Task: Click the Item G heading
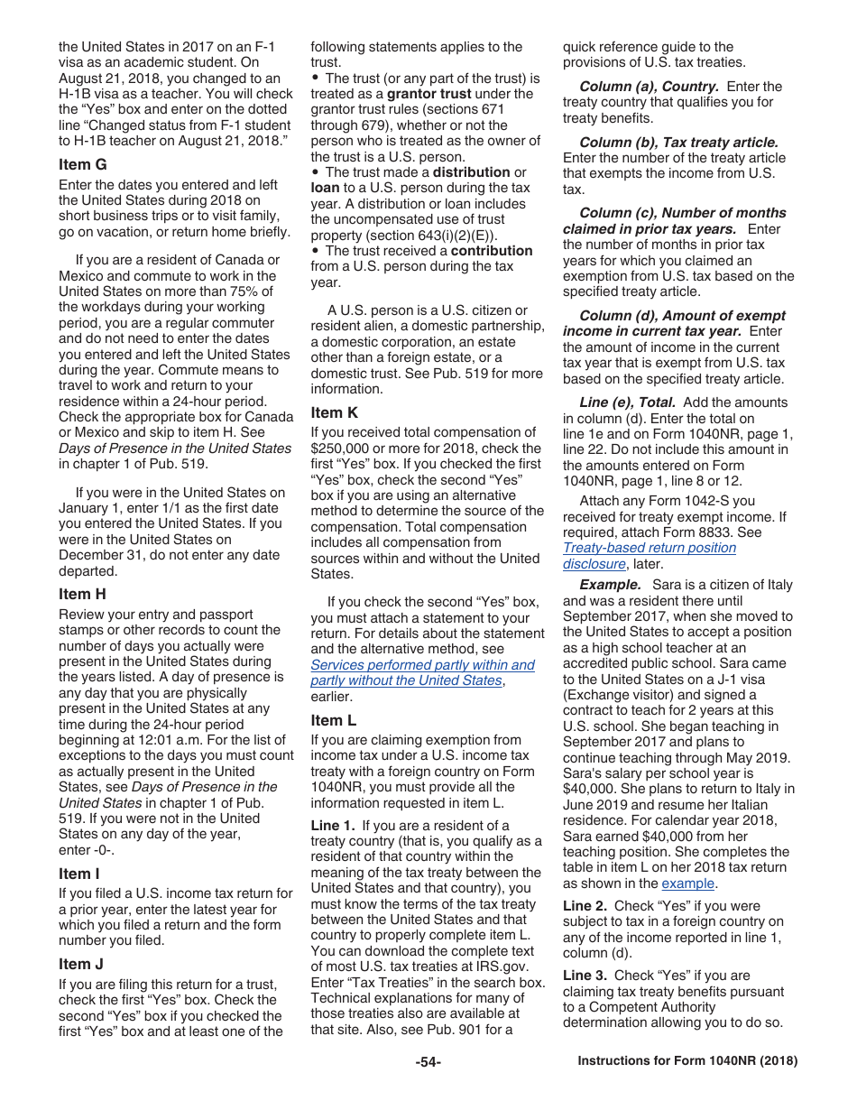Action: click(82, 164)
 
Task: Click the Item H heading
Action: click(82, 594)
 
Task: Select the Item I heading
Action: click(79, 874)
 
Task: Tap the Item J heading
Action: click(81, 964)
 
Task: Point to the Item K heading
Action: click(334, 412)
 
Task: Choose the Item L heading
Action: click(333, 720)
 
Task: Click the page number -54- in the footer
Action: click(428, 1061)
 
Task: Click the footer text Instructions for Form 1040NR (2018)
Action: click(687, 1061)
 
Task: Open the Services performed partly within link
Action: click(422, 665)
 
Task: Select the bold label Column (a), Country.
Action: click(649, 87)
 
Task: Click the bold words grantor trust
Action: click(428, 94)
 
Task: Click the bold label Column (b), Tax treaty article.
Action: click(678, 143)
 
